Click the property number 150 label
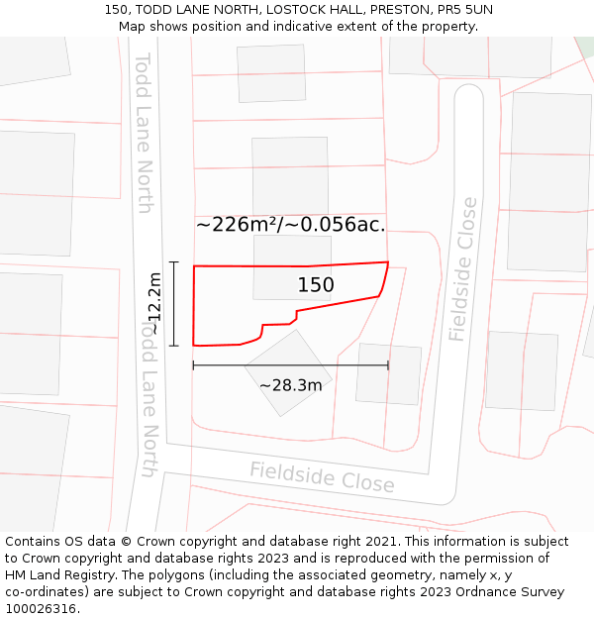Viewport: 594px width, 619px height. tap(316, 285)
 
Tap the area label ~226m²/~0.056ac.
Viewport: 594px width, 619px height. tap(290, 225)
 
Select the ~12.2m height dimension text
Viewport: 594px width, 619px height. tap(153, 303)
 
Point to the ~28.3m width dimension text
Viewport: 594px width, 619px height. tap(290, 385)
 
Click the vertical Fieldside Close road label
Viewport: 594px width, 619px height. tap(462, 269)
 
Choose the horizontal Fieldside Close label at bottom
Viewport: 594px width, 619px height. tap(322, 477)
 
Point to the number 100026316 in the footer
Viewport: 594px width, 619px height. tap(40, 609)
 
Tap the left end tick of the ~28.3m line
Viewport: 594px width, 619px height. tap(193, 365)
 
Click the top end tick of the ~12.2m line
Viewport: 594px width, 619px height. tap(174, 262)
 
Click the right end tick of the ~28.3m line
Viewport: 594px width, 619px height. tap(388, 365)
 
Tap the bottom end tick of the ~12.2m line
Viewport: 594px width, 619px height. tap(174, 346)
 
